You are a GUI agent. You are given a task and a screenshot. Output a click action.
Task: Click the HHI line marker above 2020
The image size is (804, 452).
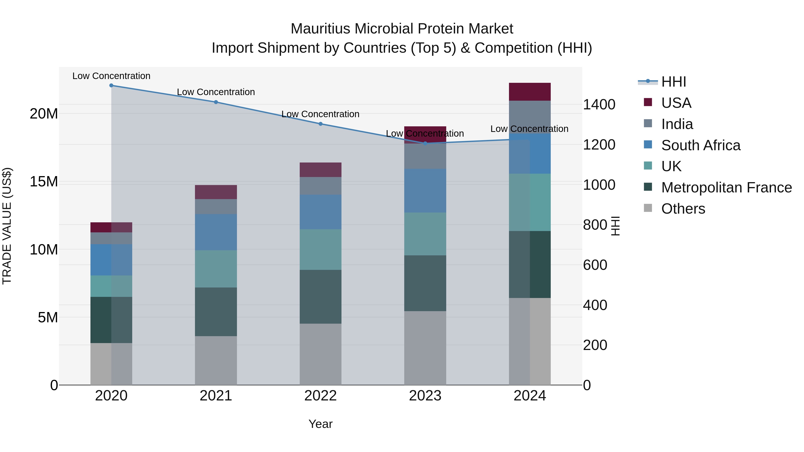pyautogui.click(x=111, y=85)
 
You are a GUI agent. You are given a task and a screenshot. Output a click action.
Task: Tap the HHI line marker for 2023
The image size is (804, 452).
pyautogui.click(x=425, y=143)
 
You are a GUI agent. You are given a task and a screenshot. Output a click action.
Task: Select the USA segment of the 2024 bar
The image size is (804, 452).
pyautogui.click(x=530, y=92)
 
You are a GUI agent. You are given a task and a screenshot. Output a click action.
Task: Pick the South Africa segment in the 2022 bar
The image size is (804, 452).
pyautogui.click(x=320, y=212)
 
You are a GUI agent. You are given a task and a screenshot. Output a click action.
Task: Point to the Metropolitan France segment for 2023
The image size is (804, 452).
pyautogui.click(x=425, y=283)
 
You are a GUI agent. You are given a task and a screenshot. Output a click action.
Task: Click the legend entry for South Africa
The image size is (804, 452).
pyautogui.click(x=700, y=145)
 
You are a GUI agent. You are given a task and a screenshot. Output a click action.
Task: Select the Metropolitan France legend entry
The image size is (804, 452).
pyautogui.click(x=726, y=187)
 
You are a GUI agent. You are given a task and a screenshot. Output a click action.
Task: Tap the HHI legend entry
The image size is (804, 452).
pyautogui.click(x=674, y=82)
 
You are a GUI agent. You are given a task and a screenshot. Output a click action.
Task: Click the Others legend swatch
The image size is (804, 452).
pyautogui.click(x=648, y=208)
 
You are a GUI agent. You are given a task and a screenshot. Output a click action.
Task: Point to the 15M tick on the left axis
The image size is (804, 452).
pyautogui.click(x=44, y=181)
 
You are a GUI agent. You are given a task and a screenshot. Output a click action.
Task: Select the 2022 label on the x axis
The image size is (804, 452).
pyautogui.click(x=320, y=396)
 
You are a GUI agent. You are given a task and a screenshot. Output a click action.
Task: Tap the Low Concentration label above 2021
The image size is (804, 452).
pyautogui.click(x=216, y=92)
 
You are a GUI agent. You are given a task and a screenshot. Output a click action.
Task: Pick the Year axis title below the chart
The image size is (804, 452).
pyautogui.click(x=320, y=424)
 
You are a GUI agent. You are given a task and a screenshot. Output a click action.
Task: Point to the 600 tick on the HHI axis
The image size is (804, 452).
pyautogui.click(x=595, y=265)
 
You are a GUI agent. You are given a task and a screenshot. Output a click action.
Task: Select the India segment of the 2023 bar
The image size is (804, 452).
pyautogui.click(x=425, y=156)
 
